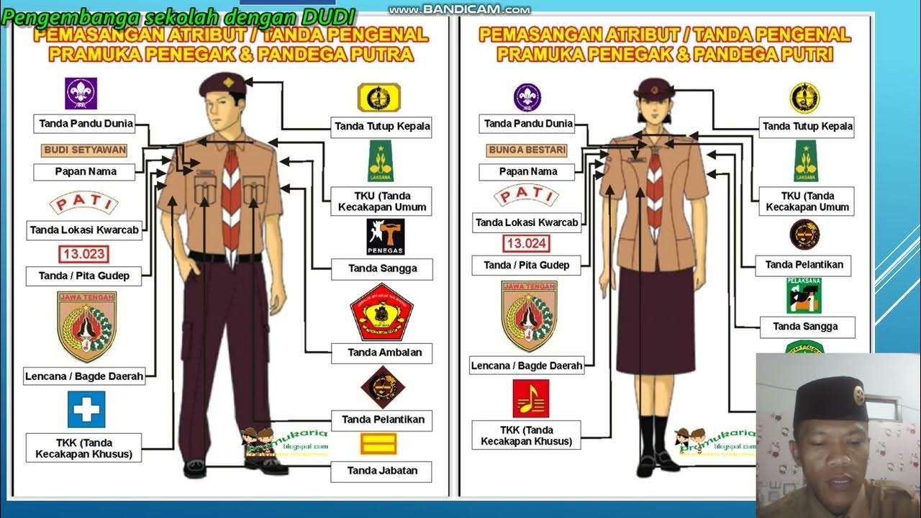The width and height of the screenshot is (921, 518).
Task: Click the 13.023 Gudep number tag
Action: [x=83, y=254]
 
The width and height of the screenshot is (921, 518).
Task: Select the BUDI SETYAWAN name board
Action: [x=85, y=150]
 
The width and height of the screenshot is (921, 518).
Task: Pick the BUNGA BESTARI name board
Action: [x=527, y=150]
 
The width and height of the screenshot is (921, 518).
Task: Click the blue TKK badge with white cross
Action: [x=86, y=409]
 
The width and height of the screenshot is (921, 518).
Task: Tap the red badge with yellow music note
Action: [x=531, y=399]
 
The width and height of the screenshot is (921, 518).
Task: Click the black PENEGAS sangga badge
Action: [x=386, y=237]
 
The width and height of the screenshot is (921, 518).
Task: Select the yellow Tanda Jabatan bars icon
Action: [x=378, y=444]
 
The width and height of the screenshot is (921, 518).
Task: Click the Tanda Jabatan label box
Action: [x=381, y=471]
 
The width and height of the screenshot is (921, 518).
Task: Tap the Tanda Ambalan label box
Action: [x=381, y=353]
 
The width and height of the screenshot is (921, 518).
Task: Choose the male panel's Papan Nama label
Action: [x=85, y=172]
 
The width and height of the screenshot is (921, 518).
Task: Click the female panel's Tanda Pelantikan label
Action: [x=803, y=265]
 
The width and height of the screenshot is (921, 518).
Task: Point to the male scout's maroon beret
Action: [x=223, y=84]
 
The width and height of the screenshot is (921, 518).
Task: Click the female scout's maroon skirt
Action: [x=653, y=323]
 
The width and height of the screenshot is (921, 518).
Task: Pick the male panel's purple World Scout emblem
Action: [x=81, y=94]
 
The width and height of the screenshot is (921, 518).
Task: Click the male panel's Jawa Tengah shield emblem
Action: [x=86, y=326]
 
